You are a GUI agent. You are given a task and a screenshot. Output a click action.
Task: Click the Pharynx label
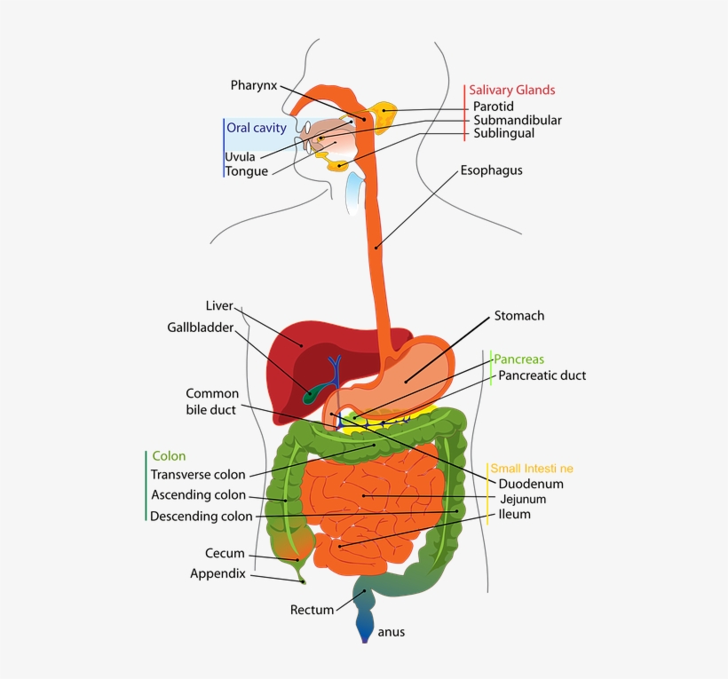tap(254, 85)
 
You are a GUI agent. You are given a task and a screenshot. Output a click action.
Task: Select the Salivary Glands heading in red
tap(511, 90)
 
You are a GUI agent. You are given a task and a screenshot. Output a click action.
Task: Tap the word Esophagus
tap(491, 170)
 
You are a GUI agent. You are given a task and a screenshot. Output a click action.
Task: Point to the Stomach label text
tap(518, 315)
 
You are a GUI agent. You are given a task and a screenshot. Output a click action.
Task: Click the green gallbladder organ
tap(310, 393)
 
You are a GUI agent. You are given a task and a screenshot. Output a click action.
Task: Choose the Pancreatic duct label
tap(542, 375)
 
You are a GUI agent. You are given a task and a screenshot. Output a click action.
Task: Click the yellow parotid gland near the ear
tap(384, 112)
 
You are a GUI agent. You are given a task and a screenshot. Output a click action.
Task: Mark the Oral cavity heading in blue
tap(257, 128)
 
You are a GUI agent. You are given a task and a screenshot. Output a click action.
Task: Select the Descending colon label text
tap(202, 517)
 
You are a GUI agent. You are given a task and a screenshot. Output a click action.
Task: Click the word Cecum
tap(225, 553)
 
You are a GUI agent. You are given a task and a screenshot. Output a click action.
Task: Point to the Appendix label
tap(218, 574)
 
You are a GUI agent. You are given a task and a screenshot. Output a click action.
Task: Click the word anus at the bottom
tap(392, 633)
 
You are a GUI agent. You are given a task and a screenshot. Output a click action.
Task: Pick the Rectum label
tap(313, 610)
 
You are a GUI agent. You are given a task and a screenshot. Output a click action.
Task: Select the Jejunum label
tap(522, 500)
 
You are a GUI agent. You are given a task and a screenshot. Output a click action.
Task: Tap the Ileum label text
tap(514, 515)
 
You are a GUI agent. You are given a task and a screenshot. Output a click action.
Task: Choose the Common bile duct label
tap(212, 401)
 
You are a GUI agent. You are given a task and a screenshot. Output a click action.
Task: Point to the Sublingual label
tap(503, 133)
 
